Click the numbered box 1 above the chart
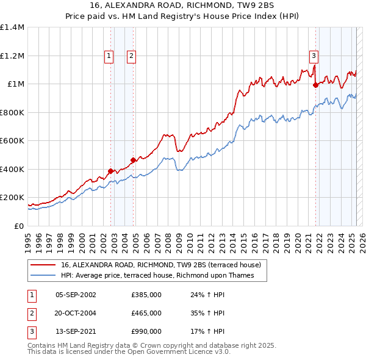point(109,56)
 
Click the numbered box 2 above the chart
point(131,56)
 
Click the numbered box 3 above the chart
point(314,56)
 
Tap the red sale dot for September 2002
point(111,171)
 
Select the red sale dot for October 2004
point(134,160)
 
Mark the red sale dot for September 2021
point(316,85)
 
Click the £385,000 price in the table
point(146,295)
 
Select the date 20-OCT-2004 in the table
point(76,313)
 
